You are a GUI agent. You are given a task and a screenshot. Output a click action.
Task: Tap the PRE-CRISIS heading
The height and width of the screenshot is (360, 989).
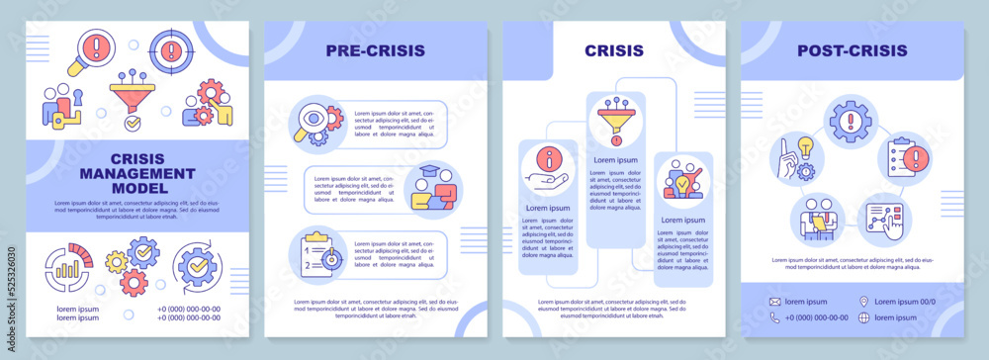pyautogui.click(x=376, y=49)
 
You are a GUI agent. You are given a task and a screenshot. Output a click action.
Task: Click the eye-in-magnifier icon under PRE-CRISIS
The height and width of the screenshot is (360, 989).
pyautogui.click(x=315, y=125)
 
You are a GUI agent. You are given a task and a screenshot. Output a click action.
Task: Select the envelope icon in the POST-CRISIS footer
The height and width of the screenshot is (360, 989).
pyautogui.click(x=775, y=302)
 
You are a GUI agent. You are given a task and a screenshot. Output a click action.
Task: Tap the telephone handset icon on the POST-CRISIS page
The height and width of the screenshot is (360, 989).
pyautogui.click(x=775, y=317)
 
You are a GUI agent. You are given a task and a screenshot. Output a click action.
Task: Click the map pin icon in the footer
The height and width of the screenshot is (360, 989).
pyautogui.click(x=863, y=302)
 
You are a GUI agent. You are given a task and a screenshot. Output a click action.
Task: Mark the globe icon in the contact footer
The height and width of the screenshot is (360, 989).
pyautogui.click(x=863, y=317)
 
